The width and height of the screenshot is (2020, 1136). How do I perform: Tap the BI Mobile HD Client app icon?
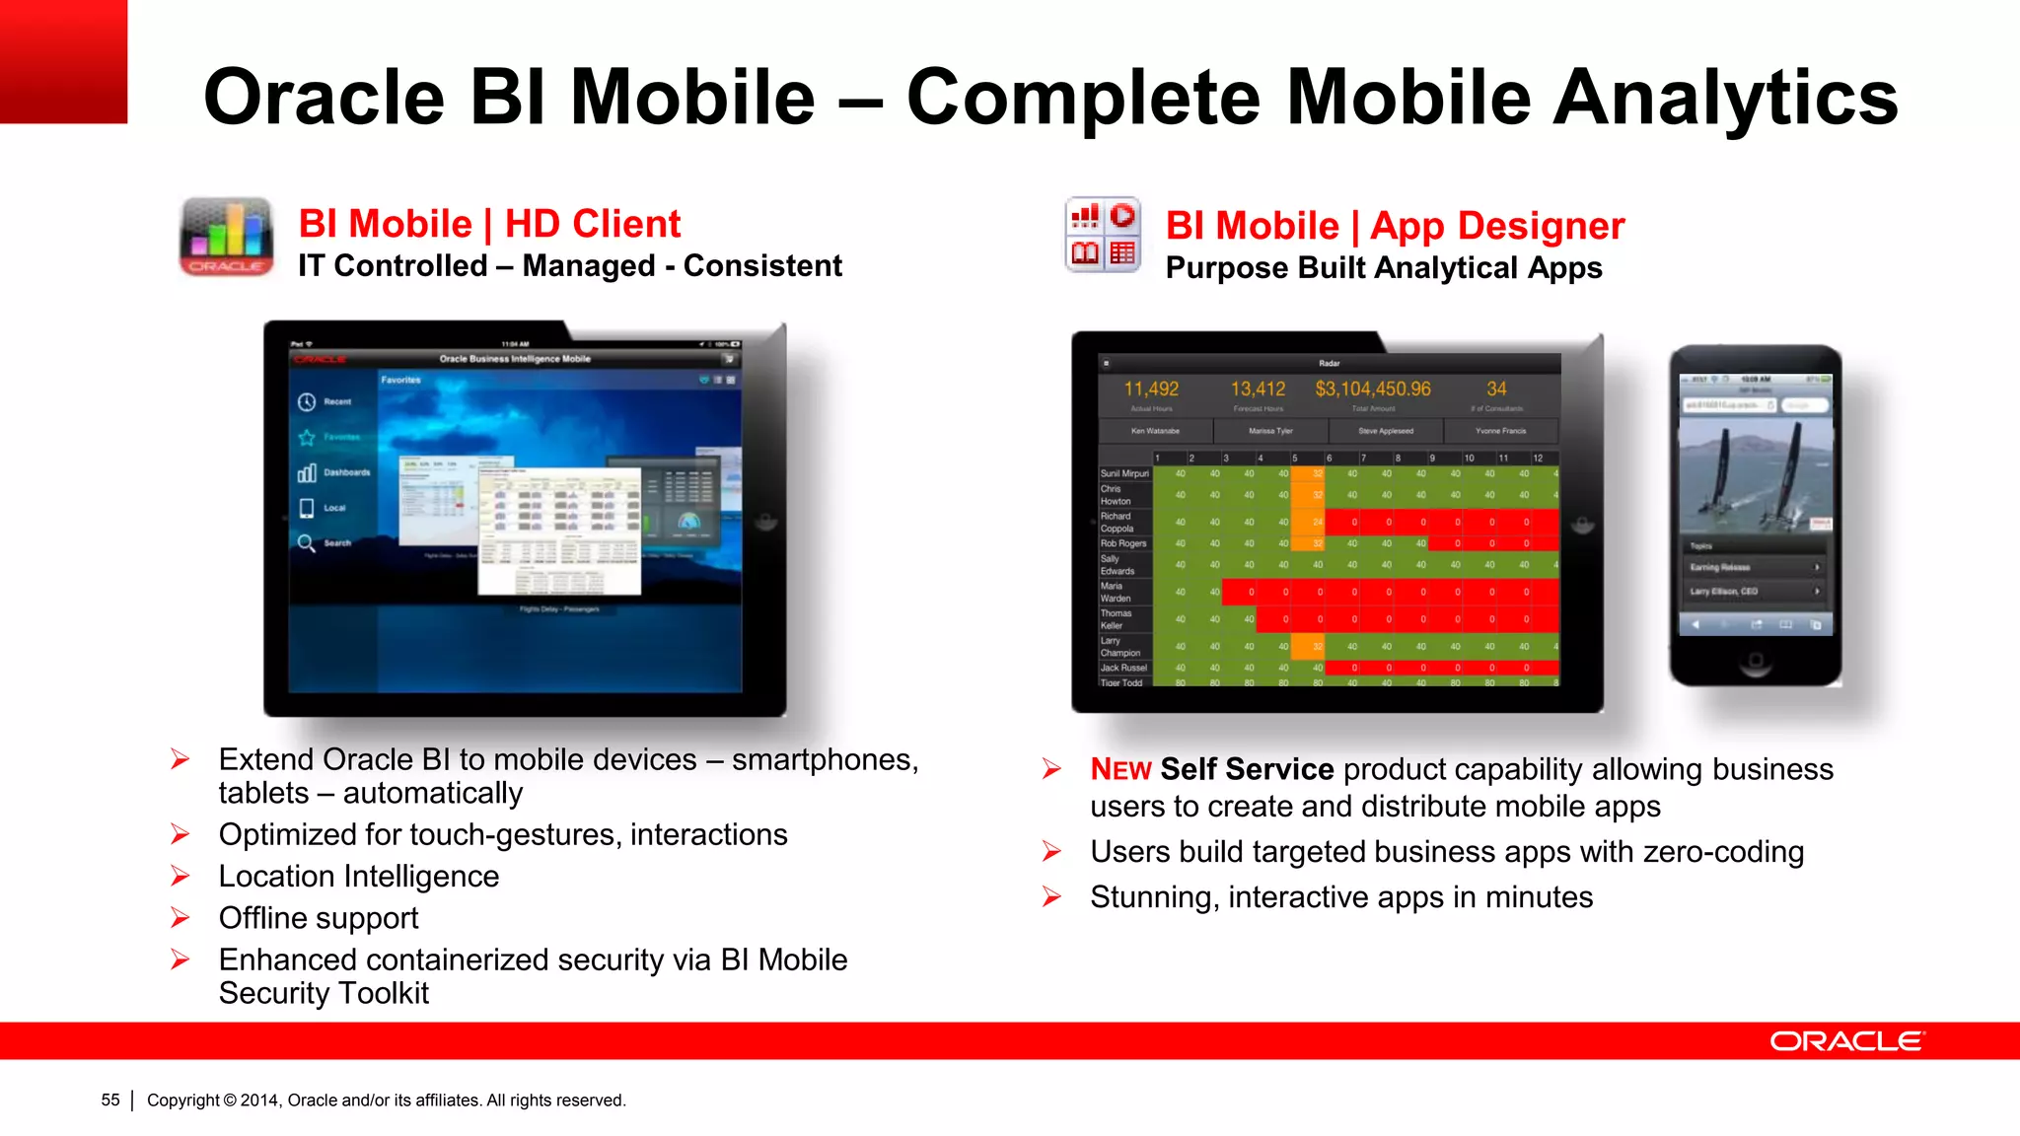[x=226, y=237]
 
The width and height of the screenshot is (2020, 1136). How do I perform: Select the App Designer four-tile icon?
[x=1103, y=235]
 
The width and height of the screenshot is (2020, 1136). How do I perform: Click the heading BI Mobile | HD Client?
[x=489, y=224]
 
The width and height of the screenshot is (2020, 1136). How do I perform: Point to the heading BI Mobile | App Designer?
[x=1394, y=226]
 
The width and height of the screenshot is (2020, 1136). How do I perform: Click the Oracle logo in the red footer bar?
[x=1845, y=1041]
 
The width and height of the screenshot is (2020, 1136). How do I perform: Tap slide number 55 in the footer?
[x=110, y=1100]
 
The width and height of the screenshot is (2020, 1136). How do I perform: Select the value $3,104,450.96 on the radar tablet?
[x=1372, y=390]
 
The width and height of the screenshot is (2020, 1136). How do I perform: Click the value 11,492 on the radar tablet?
[x=1151, y=390]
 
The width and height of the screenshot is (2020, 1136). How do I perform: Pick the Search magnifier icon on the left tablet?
[x=307, y=543]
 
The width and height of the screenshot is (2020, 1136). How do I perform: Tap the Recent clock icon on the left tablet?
[x=307, y=401]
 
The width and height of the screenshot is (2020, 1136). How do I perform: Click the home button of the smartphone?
[x=1755, y=661]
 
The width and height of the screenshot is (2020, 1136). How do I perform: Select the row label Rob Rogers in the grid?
[x=1123, y=543]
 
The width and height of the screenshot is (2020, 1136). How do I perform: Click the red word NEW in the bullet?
[x=1120, y=770]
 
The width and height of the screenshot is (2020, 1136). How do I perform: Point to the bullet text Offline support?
[x=319, y=918]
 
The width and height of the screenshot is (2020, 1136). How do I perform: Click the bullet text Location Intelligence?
[x=359, y=877]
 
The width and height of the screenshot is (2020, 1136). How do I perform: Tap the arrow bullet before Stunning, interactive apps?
[x=1052, y=896]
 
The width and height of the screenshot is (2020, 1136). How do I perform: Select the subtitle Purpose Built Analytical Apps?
[x=1383, y=268]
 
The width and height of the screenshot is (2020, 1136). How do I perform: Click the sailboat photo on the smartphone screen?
[x=1755, y=473]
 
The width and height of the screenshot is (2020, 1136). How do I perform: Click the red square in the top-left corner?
[x=63, y=61]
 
